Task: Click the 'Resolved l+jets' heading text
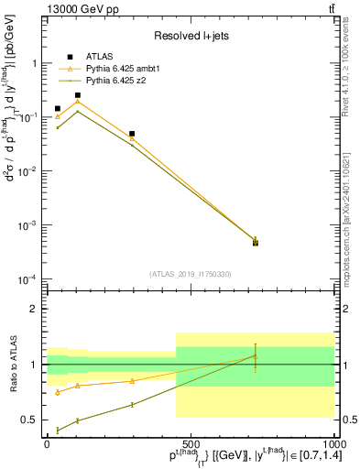tap(190, 36)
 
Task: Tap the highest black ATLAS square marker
tap(78, 95)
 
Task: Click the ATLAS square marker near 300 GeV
tap(132, 134)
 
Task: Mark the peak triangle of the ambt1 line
tap(78, 101)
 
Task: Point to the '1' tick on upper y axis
tap(37, 64)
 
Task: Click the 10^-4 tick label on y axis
tap(30, 278)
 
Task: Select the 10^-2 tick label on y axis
tap(30, 171)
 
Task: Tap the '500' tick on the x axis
tap(190, 442)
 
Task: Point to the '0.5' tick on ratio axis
tap(30, 420)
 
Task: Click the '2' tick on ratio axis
tap(37, 309)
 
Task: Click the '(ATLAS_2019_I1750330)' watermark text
tap(190, 273)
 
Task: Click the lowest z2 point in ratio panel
tap(58, 430)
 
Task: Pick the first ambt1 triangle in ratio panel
tap(58, 392)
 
